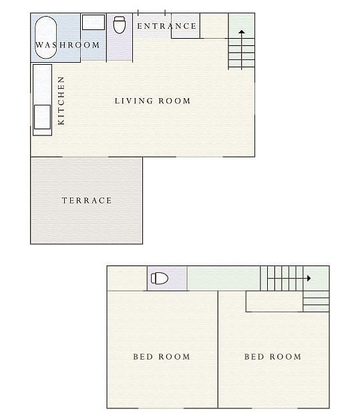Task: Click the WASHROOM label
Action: [x=67, y=45]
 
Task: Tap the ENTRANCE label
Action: [x=167, y=26]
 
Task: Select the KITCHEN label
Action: [x=61, y=101]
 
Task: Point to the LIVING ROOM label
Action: [x=152, y=101]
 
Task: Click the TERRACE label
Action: [x=87, y=200]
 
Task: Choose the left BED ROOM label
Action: [x=162, y=356]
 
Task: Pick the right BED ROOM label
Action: [x=273, y=356]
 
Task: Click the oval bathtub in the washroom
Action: [x=45, y=37]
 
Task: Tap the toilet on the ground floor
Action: [x=120, y=25]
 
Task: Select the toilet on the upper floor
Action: [x=160, y=278]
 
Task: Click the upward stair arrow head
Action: [x=242, y=32]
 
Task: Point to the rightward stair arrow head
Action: [x=309, y=278]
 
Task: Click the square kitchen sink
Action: [x=42, y=117]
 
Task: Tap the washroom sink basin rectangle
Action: [x=94, y=22]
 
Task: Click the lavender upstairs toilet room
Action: [x=167, y=278]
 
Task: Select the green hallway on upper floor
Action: [x=224, y=278]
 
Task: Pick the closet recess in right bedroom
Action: [x=274, y=302]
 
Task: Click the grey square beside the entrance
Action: [x=186, y=26]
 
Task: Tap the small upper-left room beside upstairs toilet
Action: [x=127, y=278]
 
